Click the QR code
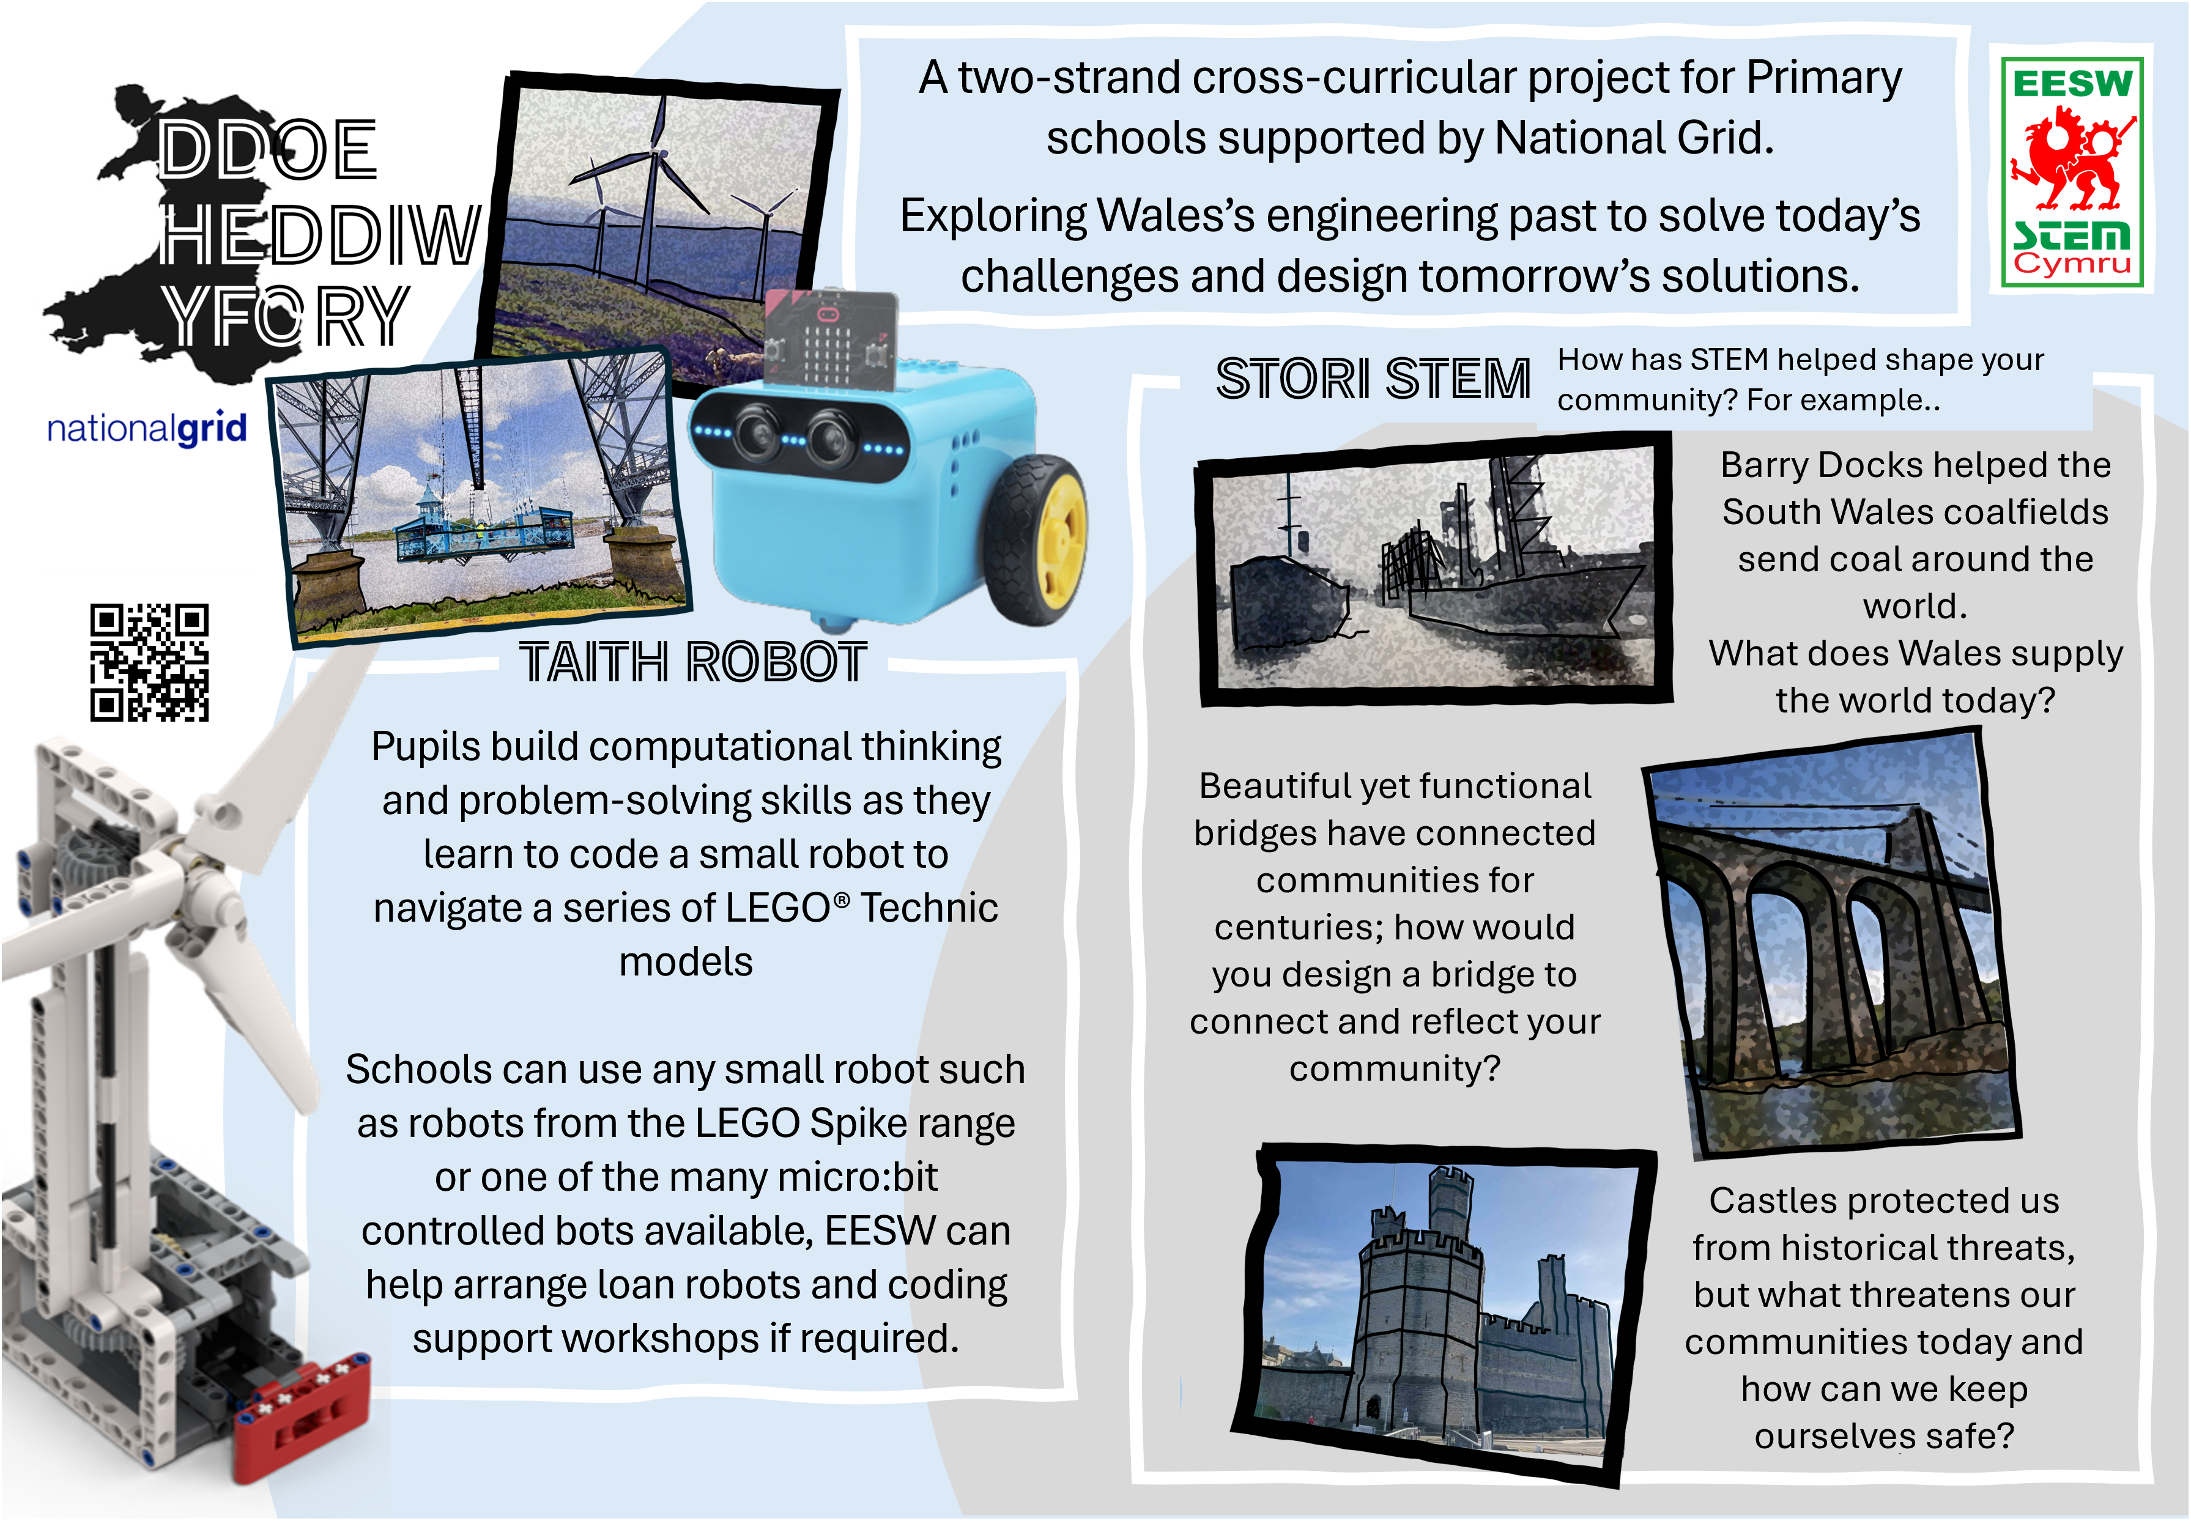pos(150,662)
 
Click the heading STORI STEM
pos(1373,379)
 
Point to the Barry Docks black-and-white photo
pos(1434,569)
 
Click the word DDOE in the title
pos(268,150)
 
